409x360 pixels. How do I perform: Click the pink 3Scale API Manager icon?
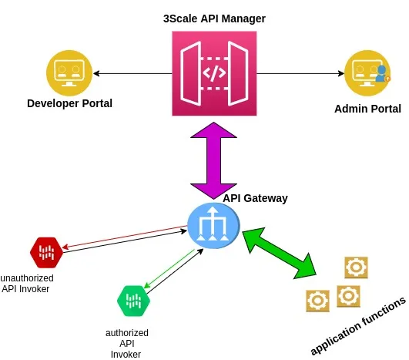coord(213,74)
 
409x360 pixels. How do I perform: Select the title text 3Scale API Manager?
coord(213,18)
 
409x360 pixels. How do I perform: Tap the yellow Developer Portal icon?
coord(69,73)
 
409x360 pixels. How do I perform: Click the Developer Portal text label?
coord(69,103)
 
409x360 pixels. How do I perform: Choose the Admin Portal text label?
coord(367,109)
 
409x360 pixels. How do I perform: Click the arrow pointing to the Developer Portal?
coord(131,74)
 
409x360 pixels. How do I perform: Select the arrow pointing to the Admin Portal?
coord(300,74)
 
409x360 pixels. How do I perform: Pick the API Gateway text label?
coord(255,198)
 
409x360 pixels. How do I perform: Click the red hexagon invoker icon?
coord(45,251)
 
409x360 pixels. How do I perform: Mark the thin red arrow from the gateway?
coord(123,237)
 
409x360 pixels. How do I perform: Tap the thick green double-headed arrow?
coord(280,251)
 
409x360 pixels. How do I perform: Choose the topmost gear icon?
coord(356,267)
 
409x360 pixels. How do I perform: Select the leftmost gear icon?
coord(317,300)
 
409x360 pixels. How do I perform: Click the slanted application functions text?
coord(357,325)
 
